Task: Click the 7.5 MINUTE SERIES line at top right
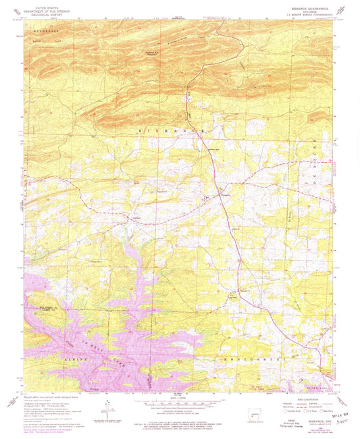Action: [x=307, y=15]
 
